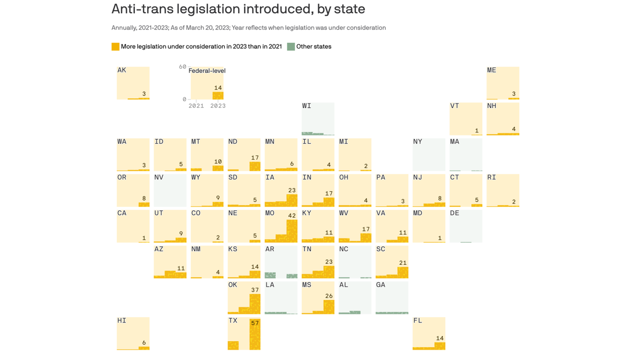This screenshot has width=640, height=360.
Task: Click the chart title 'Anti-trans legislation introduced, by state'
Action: click(238, 9)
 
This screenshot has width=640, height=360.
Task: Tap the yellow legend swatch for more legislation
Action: click(115, 46)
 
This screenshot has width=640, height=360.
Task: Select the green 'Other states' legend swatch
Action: click(291, 46)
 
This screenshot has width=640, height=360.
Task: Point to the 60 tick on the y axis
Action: click(182, 67)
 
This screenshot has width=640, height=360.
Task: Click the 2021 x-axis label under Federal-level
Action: click(196, 106)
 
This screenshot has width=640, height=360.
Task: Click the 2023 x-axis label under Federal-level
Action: click(218, 106)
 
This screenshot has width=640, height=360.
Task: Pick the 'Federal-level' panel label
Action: click(207, 71)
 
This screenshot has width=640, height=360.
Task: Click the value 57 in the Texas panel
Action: click(255, 323)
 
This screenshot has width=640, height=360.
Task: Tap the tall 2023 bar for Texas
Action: click(255, 337)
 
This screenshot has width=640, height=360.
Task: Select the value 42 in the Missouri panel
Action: click(292, 216)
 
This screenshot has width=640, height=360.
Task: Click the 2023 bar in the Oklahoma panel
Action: click(255, 304)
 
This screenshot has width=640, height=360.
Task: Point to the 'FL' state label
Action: click(417, 321)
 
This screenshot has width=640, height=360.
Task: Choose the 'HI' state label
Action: click(122, 321)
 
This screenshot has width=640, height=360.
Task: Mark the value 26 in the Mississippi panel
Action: click(329, 296)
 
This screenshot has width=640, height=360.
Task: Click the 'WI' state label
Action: click(307, 106)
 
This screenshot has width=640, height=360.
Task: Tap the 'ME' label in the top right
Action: click(491, 70)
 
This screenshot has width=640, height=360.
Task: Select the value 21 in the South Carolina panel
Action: click(403, 263)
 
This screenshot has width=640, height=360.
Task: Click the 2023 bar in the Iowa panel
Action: click(292, 201)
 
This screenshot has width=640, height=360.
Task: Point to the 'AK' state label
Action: click(122, 70)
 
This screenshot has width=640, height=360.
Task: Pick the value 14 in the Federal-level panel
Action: click(218, 88)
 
